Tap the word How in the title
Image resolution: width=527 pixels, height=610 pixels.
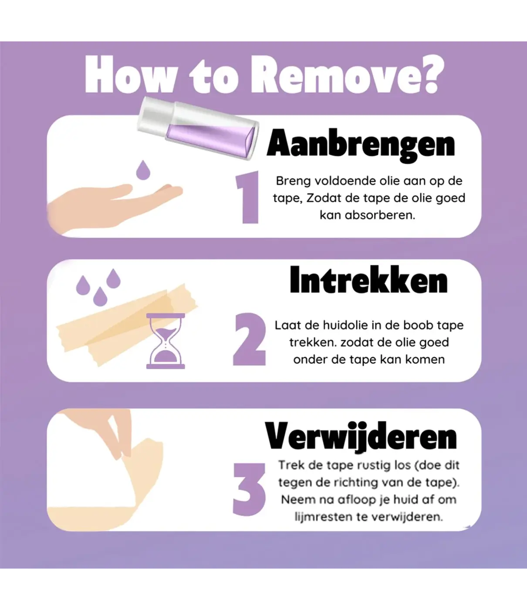(129, 76)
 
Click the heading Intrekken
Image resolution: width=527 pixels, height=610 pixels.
(368, 280)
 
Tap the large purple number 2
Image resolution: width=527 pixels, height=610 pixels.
(249, 340)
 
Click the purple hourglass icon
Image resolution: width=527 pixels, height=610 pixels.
(166, 342)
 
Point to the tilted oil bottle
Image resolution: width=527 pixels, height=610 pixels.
(198, 128)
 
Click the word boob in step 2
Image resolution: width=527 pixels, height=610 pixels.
(419, 325)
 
